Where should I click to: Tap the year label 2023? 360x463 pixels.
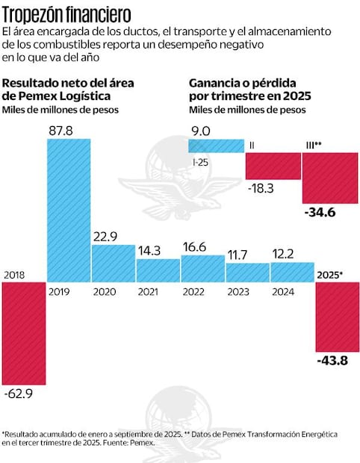point(246,293)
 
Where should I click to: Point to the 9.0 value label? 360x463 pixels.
point(201,131)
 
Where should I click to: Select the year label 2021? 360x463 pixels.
point(157,293)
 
